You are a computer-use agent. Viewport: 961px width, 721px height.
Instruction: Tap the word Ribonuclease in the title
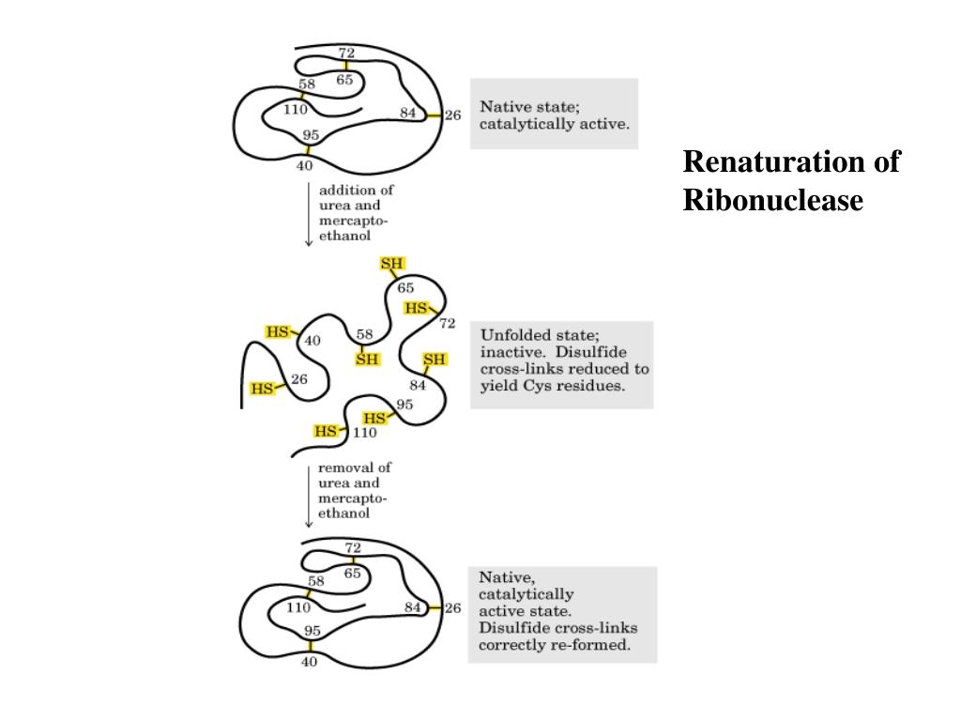tap(772, 200)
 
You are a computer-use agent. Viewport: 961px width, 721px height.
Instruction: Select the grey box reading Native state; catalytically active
tap(554, 114)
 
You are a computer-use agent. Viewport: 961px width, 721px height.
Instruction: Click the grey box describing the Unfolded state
tap(561, 364)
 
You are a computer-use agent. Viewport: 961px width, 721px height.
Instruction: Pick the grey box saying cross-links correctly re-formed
tap(562, 614)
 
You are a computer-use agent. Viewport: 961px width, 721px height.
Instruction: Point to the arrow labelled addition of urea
tap(309, 213)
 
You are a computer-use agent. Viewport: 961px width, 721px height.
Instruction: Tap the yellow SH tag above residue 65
tap(392, 264)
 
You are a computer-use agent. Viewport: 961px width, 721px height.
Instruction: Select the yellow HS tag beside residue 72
tap(416, 308)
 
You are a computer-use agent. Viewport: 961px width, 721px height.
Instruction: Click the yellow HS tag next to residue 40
tap(278, 331)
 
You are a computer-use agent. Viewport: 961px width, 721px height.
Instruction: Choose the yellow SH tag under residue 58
tap(367, 360)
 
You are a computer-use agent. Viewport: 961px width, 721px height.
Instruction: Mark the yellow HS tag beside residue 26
tap(262, 388)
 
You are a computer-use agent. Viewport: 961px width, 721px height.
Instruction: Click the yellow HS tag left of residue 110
tap(326, 432)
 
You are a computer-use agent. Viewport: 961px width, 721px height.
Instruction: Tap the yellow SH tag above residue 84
tap(435, 360)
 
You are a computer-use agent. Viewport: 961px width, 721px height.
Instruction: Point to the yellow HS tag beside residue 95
tap(374, 419)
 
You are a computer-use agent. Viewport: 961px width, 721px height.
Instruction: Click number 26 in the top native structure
tap(452, 115)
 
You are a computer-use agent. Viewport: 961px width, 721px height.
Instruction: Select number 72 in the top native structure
tap(346, 53)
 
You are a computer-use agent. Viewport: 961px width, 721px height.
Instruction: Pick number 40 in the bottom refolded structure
tap(310, 662)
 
